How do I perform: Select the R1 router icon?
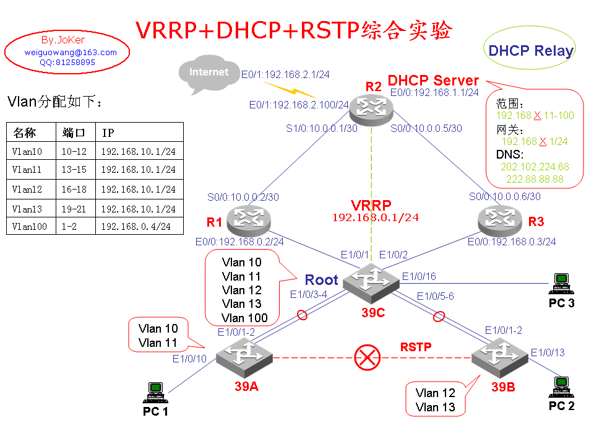[x=249, y=218]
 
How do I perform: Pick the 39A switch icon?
[x=244, y=356]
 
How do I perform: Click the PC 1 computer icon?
[x=155, y=393]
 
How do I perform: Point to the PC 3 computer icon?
[x=561, y=284]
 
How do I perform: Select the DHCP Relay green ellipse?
[x=530, y=50]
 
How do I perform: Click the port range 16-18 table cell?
[x=74, y=189]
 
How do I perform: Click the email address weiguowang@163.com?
[x=71, y=53]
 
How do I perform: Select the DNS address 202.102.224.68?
[x=535, y=167]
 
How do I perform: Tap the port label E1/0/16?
[x=419, y=276]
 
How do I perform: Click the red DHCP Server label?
[x=433, y=81]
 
